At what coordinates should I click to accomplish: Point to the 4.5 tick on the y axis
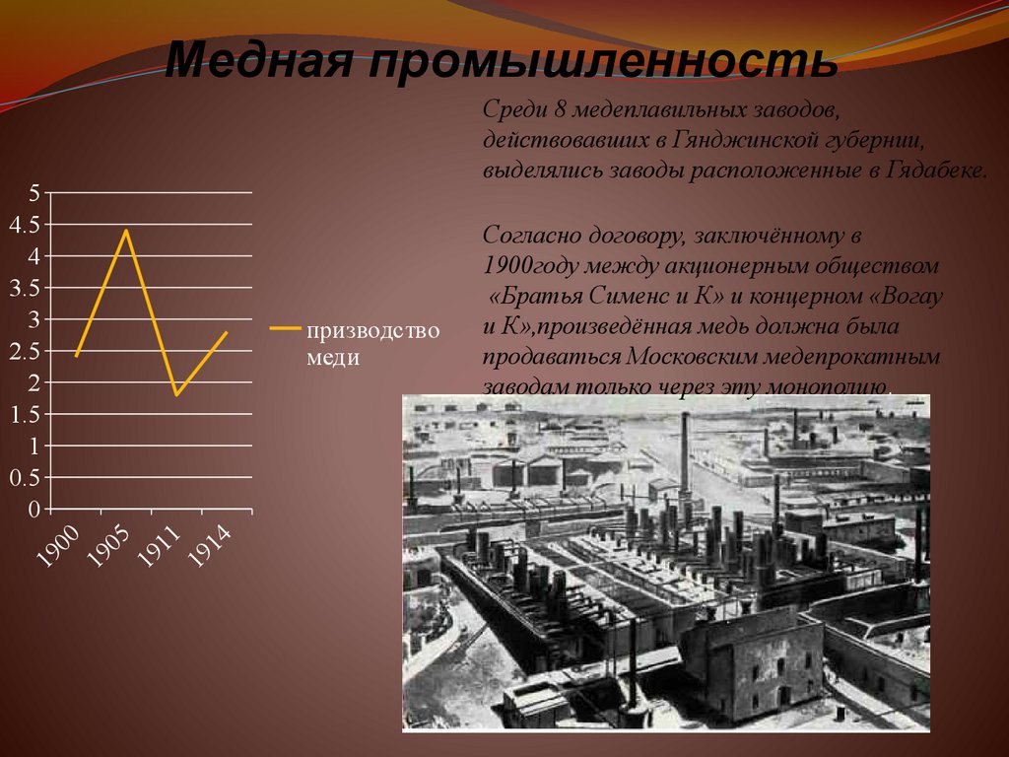pyautogui.click(x=24, y=225)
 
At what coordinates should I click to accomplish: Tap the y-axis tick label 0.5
pyautogui.click(x=24, y=478)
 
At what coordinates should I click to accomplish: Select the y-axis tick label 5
pyautogui.click(x=34, y=193)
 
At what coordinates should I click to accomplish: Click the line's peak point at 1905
pyautogui.click(x=126, y=231)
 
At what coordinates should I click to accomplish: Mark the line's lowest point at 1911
pyautogui.click(x=176, y=395)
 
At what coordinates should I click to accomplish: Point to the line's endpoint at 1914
pyautogui.click(x=227, y=332)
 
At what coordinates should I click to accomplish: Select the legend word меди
pyautogui.click(x=332, y=357)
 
